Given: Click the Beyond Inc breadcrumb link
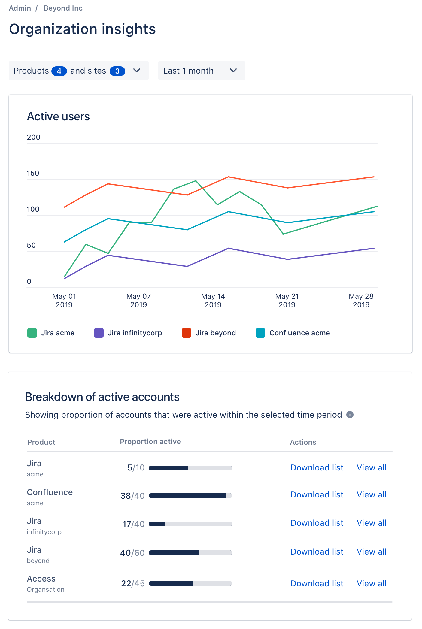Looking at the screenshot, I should tap(63, 8).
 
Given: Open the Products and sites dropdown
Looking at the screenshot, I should tap(78, 71).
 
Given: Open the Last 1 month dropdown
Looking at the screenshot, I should tap(201, 71).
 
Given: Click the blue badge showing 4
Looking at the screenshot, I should tap(59, 71).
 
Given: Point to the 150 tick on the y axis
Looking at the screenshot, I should tap(33, 173).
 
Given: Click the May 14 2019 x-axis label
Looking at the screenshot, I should tap(213, 300).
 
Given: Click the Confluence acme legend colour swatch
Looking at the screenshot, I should tap(260, 333).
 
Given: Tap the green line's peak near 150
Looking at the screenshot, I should tap(196, 181).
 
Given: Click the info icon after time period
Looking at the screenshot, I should tap(350, 415).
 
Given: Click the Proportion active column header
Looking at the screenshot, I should tap(150, 442).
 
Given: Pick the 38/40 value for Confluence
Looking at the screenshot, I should tap(132, 496).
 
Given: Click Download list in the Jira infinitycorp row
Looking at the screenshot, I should tap(317, 523).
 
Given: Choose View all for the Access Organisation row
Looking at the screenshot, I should tap(371, 583).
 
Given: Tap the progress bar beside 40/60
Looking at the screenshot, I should tap(190, 553).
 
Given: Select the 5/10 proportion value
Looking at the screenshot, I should tap(136, 468).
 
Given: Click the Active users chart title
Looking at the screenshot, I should tap(58, 116).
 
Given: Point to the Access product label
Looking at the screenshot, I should tap(41, 579).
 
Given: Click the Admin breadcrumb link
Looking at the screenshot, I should tap(20, 8).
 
